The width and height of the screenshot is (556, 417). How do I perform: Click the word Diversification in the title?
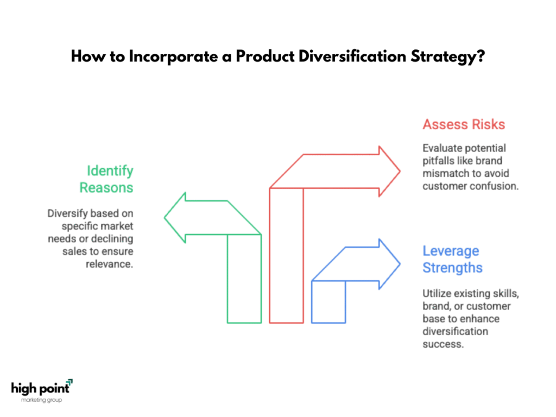pos(352,56)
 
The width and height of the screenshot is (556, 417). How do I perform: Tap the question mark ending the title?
pos(481,56)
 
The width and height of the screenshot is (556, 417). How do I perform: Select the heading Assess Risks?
pos(464,124)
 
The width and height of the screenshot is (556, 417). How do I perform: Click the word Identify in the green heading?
pos(110,171)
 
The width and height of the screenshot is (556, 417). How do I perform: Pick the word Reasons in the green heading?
pos(106,187)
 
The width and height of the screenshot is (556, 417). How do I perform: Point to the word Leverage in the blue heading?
pos(451,251)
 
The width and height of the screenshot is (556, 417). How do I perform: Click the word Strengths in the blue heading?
pos(452,268)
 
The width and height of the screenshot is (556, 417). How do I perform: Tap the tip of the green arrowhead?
pos(165,218)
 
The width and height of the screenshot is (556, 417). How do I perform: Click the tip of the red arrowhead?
pos(400,171)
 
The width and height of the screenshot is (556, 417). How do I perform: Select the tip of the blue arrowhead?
pos(400,264)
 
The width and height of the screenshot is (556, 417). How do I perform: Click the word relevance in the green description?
pos(109,264)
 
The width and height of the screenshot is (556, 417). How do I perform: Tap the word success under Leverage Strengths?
pos(443,344)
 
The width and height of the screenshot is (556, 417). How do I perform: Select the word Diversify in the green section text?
pos(67,213)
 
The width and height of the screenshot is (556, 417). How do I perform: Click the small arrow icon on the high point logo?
pos(69,382)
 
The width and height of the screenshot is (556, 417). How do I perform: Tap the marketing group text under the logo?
pos(41,400)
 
